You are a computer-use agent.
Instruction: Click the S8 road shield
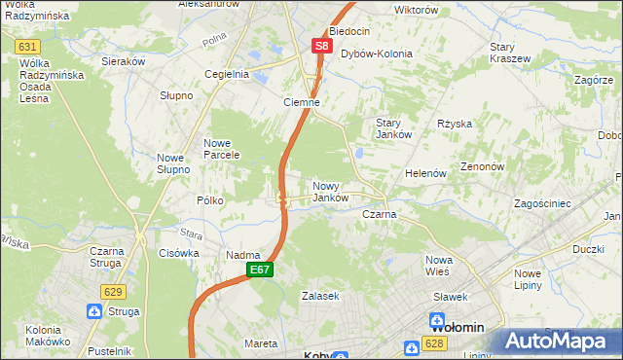pos(321,46)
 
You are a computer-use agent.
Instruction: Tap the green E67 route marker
pos(258,270)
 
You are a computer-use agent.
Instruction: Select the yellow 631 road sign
pos(28,47)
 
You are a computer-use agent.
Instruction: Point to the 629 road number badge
pos(113,291)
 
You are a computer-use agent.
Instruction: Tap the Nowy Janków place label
pos(330,192)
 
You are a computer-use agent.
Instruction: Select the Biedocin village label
pos(349,31)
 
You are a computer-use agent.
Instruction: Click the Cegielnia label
pos(227,74)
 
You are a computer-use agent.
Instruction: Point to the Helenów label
pos(425,173)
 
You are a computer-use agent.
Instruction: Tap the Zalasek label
pos(319,295)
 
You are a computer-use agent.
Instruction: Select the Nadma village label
pos(242,255)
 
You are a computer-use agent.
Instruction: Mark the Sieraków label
pos(124,60)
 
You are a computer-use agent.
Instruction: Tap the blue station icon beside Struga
pos(94,311)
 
